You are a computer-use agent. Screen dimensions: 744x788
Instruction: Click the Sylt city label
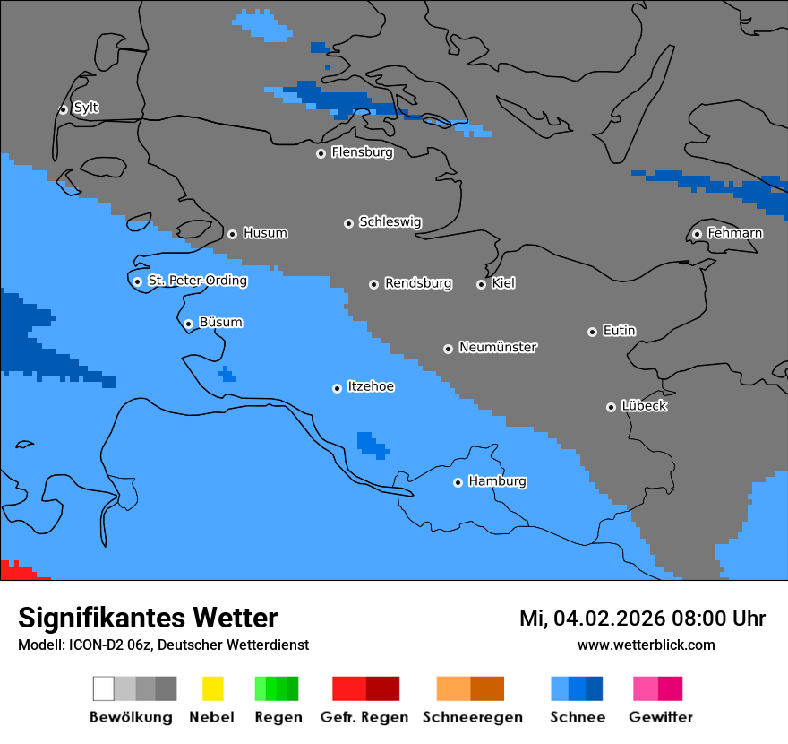[x=86, y=108]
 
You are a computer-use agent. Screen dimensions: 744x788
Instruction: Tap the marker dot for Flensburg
[x=321, y=153]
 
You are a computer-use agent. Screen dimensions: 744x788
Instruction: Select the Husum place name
[x=265, y=233]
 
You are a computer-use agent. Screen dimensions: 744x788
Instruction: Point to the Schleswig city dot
[x=348, y=223]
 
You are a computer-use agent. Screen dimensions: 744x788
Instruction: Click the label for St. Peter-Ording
[x=197, y=281]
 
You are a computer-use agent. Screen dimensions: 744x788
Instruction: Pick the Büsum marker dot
[x=188, y=324]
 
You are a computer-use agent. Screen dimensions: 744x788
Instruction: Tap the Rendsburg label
[x=418, y=283]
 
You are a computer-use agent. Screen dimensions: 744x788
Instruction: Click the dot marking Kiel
[x=481, y=284]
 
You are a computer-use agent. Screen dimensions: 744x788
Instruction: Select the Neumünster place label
[x=498, y=347]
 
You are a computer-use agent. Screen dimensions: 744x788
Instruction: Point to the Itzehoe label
[x=371, y=386]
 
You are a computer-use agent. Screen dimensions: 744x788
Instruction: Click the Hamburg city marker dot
[x=458, y=482]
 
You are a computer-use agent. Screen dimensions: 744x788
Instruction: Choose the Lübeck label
[x=644, y=406]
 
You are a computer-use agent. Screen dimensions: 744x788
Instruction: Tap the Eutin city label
[x=619, y=331]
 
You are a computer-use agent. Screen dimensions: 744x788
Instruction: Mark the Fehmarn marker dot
[x=697, y=235]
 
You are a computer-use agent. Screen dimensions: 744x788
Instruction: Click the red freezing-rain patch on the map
[x=15, y=570]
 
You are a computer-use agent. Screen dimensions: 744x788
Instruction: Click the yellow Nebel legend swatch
[x=212, y=688]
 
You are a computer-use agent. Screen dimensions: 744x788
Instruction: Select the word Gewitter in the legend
[x=660, y=717]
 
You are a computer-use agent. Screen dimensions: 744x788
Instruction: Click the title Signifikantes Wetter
[x=148, y=618]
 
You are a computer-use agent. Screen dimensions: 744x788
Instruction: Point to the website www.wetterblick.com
[x=646, y=645]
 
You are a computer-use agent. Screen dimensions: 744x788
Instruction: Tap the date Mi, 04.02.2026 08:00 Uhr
[x=642, y=619]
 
